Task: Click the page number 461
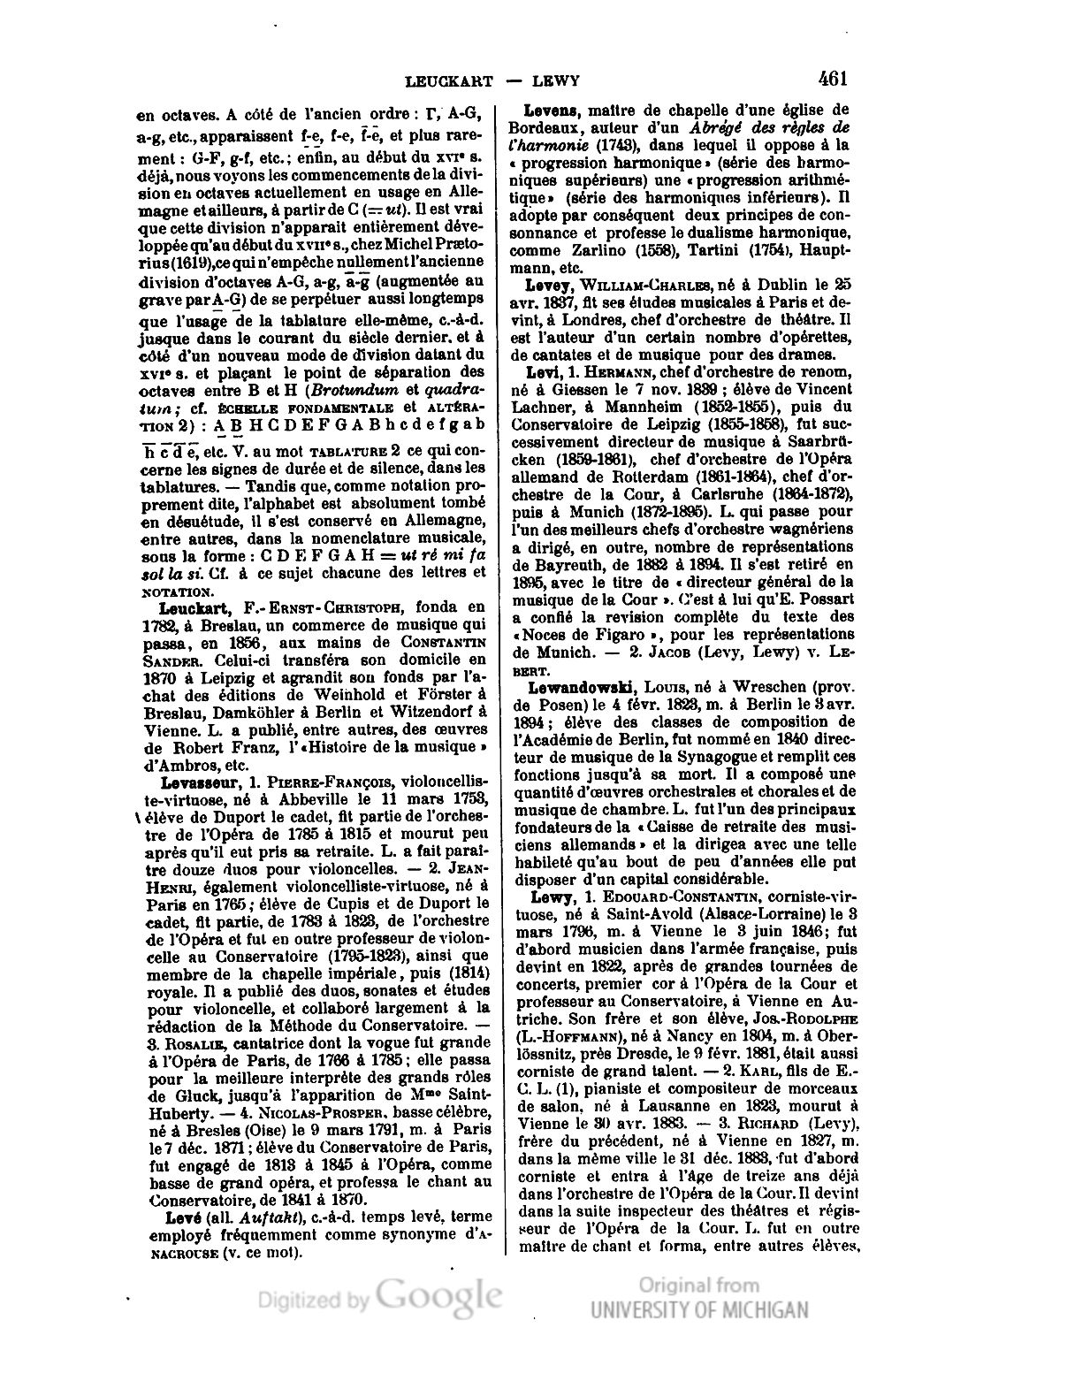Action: (833, 79)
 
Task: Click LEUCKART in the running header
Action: (448, 81)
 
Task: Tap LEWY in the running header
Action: (556, 81)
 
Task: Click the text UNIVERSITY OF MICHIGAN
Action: (698, 1311)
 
